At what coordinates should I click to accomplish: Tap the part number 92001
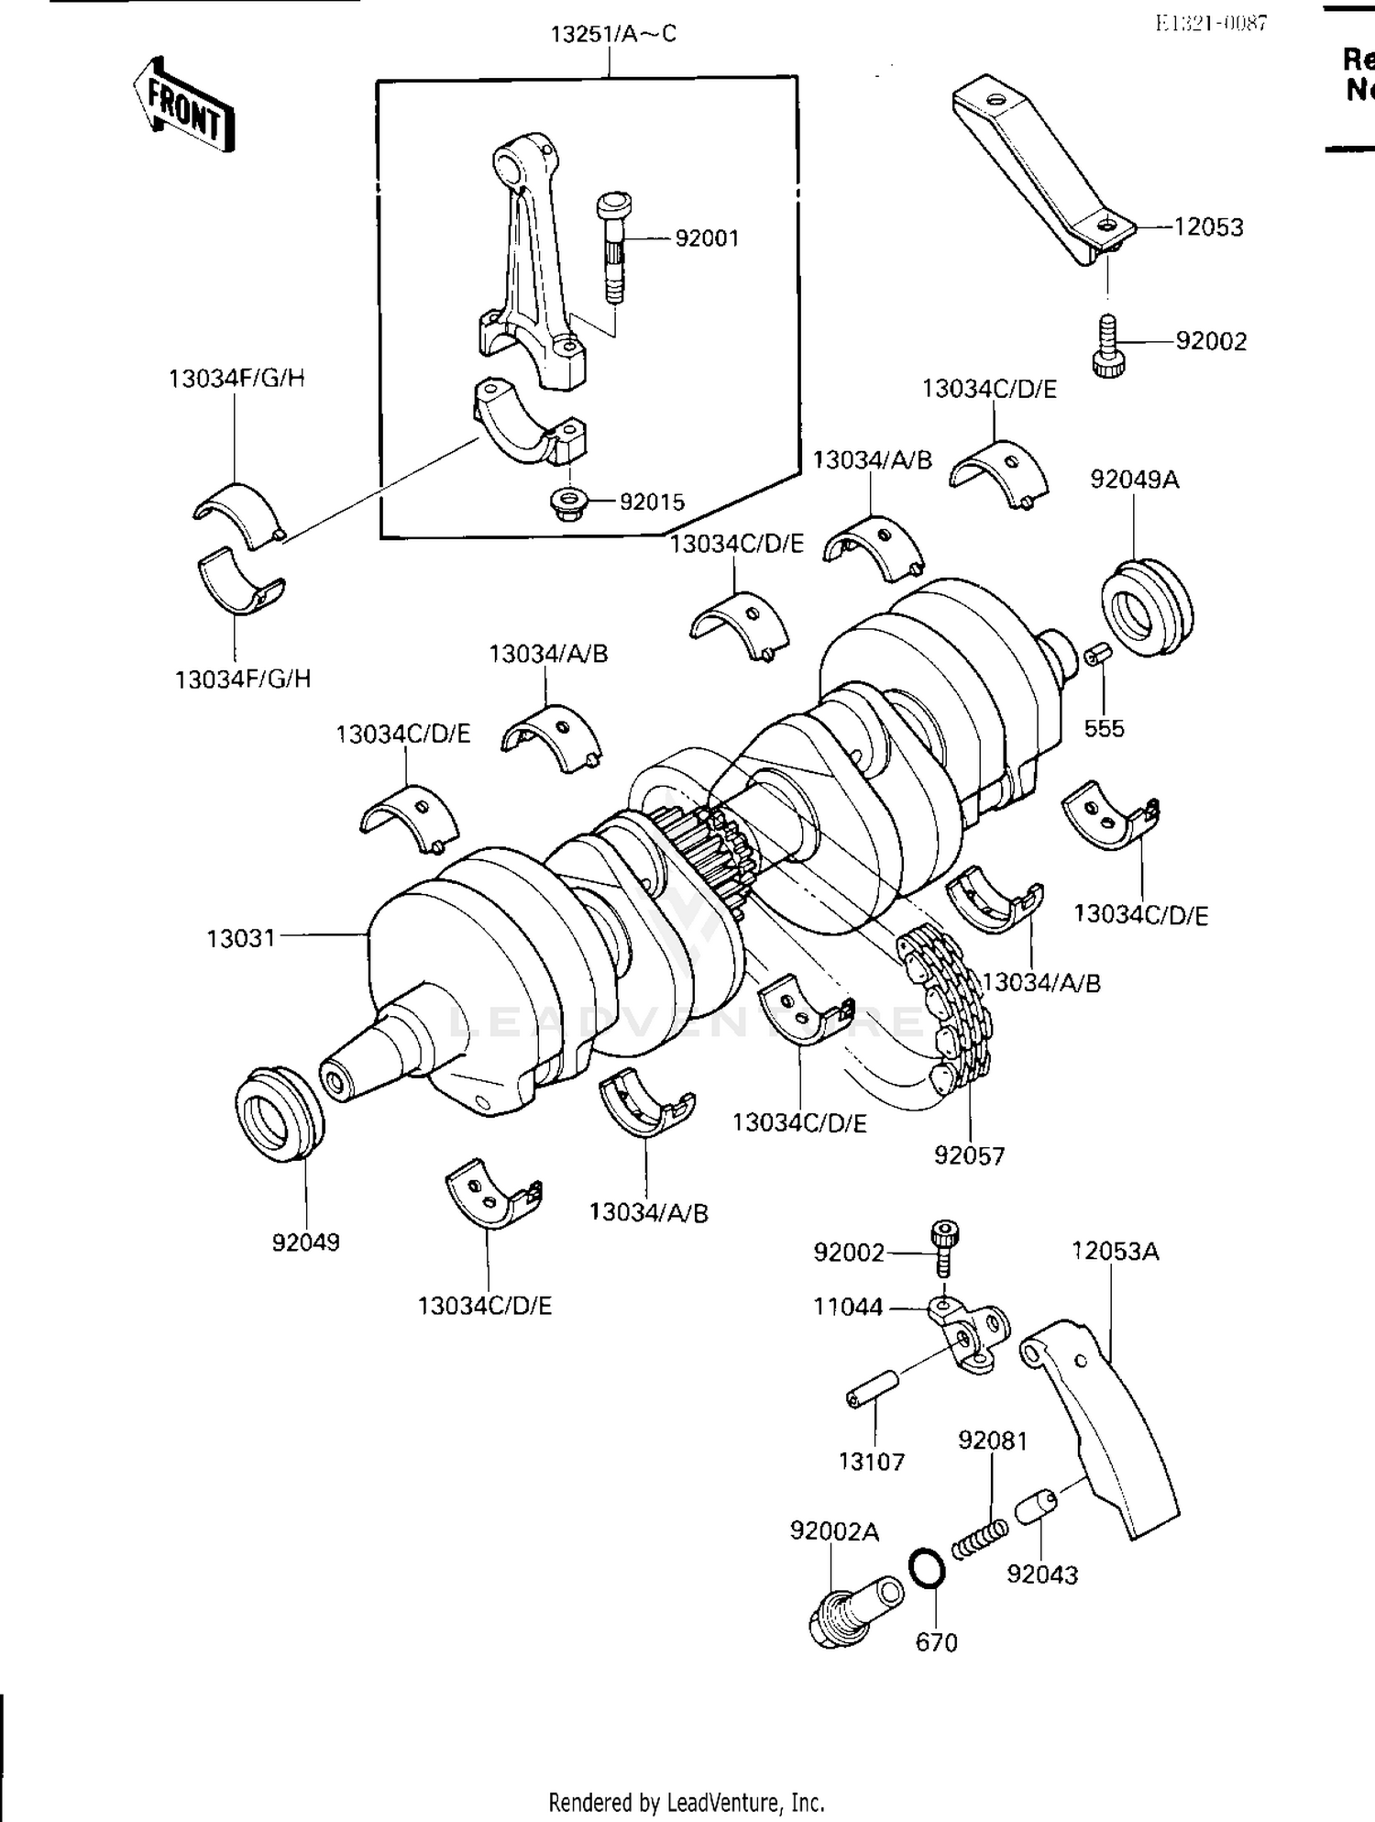point(707,238)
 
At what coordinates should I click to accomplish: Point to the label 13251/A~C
point(613,35)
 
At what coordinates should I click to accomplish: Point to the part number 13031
point(240,939)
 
